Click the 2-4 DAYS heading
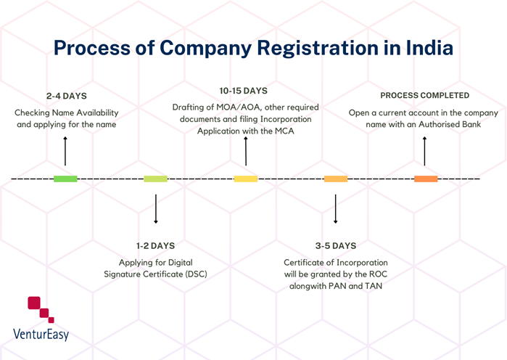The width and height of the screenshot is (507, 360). pyautogui.click(x=66, y=96)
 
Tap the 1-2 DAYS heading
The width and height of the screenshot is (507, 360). pyautogui.click(x=156, y=245)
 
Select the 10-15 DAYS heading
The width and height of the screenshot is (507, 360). pyautogui.click(x=244, y=91)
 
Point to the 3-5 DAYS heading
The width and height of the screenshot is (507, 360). pyautogui.click(x=335, y=245)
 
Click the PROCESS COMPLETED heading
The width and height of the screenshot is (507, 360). pyautogui.click(x=424, y=95)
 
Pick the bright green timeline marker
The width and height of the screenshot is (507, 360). pyautogui.click(x=65, y=179)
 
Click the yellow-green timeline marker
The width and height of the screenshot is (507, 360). pyautogui.click(x=155, y=179)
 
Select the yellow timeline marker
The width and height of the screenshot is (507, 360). pyautogui.click(x=245, y=179)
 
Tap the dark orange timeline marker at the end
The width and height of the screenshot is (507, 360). pyautogui.click(x=426, y=179)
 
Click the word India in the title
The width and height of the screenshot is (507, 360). pyautogui.click(x=424, y=49)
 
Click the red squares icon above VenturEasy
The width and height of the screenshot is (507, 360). pyautogui.click(x=41, y=309)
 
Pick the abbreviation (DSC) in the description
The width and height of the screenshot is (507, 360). pyautogui.click(x=193, y=274)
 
